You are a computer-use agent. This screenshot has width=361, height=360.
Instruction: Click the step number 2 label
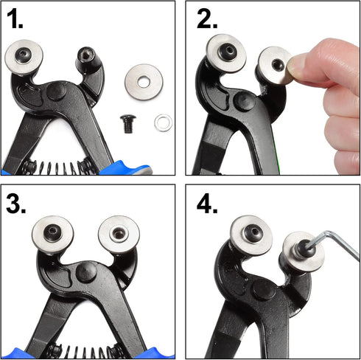coord(208,19)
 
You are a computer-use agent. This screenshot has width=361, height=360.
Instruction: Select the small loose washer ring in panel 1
coord(163,122)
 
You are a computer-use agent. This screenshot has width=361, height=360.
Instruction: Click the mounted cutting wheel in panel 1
coord(23,57)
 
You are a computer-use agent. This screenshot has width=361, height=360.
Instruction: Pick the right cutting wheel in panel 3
coord(118,235)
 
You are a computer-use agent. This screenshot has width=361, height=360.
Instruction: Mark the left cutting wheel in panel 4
coord(250,235)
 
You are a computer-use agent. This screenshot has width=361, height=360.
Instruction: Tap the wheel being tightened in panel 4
coord(303,250)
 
